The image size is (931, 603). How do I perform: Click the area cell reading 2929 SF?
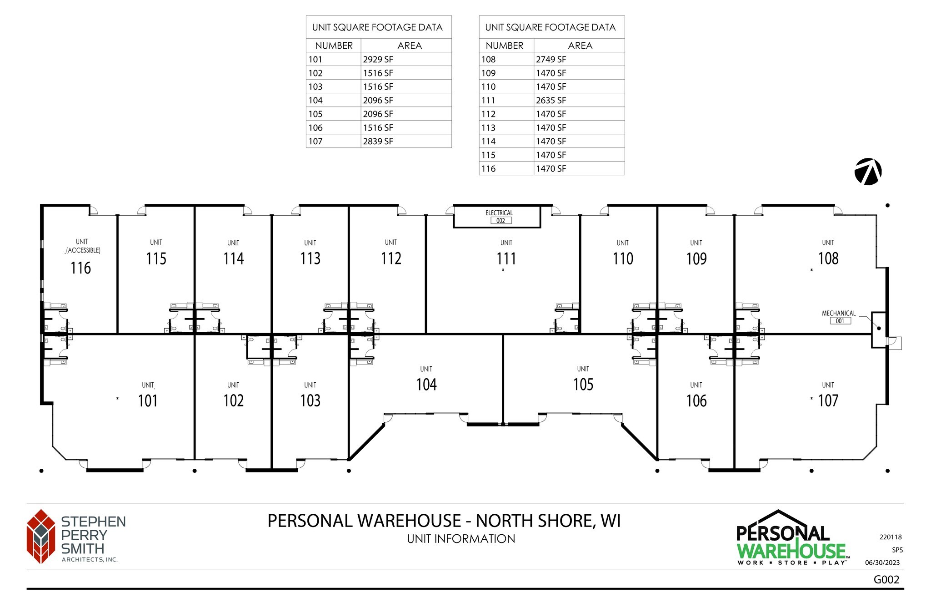click(x=378, y=59)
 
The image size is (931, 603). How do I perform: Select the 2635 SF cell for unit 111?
click(x=551, y=100)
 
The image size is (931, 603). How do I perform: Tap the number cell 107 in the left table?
click(x=315, y=141)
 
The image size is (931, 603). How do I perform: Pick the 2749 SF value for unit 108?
click(x=551, y=59)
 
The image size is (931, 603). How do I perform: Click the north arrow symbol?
click(x=868, y=172)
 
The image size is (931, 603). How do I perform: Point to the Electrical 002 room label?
click(x=499, y=217)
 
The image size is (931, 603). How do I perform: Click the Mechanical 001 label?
click(x=839, y=317)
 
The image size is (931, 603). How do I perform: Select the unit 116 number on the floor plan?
click(x=80, y=268)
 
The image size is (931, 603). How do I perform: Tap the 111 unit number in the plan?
click(x=506, y=258)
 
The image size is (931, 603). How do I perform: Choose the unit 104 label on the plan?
click(x=426, y=385)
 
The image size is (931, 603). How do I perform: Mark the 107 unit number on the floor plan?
click(x=828, y=400)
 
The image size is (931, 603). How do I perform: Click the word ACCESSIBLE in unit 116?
click(x=83, y=250)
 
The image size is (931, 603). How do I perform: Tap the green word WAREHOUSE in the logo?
click(x=791, y=551)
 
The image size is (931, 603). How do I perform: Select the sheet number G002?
click(x=886, y=579)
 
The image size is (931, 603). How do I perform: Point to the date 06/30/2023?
click(x=882, y=562)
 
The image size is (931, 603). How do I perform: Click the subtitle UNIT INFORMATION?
click(x=461, y=539)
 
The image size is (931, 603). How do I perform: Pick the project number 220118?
click(x=891, y=537)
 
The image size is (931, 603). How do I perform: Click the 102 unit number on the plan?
click(x=233, y=400)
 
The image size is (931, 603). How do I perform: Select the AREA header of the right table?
click(x=580, y=46)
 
